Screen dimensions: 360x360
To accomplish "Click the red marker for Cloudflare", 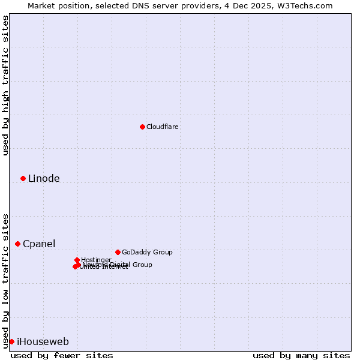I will tap(142, 127).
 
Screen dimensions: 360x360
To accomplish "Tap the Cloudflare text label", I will tap(163, 127).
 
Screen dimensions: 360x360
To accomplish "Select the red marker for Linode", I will tap(23, 178).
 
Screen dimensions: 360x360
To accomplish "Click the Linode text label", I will tap(44, 178).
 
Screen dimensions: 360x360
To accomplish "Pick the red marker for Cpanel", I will tap(17, 244).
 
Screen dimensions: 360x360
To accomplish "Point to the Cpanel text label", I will tap(39, 244).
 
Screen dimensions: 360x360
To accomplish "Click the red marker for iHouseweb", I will tap(11, 341).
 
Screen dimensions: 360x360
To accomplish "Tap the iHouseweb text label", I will tap(43, 341).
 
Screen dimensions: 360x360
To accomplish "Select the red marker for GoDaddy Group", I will tap(118, 252).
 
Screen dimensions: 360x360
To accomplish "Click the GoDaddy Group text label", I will tap(147, 252).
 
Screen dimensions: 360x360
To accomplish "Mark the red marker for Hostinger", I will tap(77, 260).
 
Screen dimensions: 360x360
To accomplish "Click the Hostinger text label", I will tap(96, 260).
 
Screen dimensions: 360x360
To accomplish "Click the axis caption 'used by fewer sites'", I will tap(62, 355).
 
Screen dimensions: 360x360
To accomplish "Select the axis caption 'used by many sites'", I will tap(301, 355).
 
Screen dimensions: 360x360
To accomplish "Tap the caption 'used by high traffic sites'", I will tap(5, 85).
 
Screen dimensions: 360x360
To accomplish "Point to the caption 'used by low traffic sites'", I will tap(5, 281).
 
